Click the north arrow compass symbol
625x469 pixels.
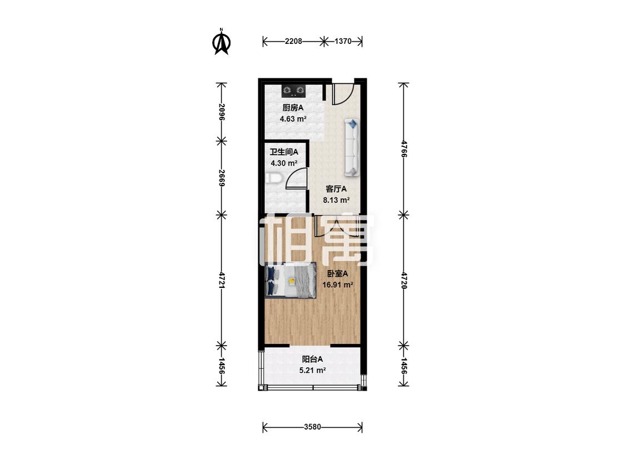[x=222, y=41]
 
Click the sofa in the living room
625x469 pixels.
[x=352, y=147]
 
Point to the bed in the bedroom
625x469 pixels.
[x=291, y=281]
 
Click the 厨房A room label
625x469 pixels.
[x=293, y=108]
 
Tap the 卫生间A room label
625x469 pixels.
[x=284, y=152]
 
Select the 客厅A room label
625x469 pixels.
[x=336, y=189]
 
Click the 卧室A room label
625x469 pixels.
[x=338, y=273]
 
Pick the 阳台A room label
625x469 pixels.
[x=312, y=360]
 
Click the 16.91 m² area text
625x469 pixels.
[x=338, y=285]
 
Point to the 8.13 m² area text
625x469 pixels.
[x=337, y=200]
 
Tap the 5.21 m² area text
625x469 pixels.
[x=313, y=371]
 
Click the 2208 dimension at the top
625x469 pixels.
[x=293, y=41]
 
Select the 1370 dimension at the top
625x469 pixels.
[x=343, y=41]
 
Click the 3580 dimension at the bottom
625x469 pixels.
[x=312, y=427]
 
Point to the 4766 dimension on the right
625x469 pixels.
[x=404, y=149]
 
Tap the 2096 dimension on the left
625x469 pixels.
[x=222, y=112]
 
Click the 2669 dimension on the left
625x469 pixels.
[x=222, y=178]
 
